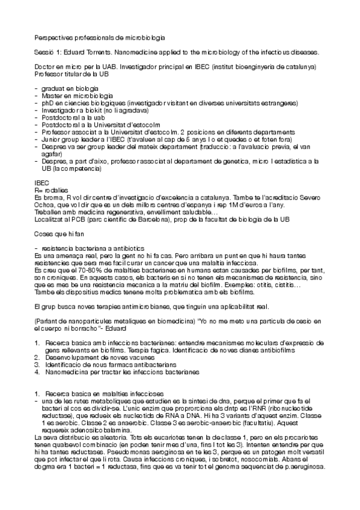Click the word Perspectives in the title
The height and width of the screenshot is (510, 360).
coord(51,37)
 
